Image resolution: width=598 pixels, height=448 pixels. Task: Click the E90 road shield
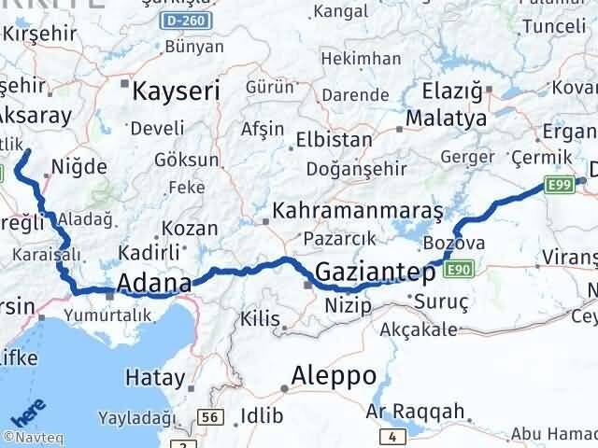pyautogui.click(x=458, y=271)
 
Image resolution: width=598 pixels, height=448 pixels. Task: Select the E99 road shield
pyautogui.click(x=561, y=186)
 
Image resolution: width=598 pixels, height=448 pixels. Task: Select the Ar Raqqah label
pyautogui.click(x=415, y=411)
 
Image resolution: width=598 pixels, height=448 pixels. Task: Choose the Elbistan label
pyautogui.click(x=333, y=140)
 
